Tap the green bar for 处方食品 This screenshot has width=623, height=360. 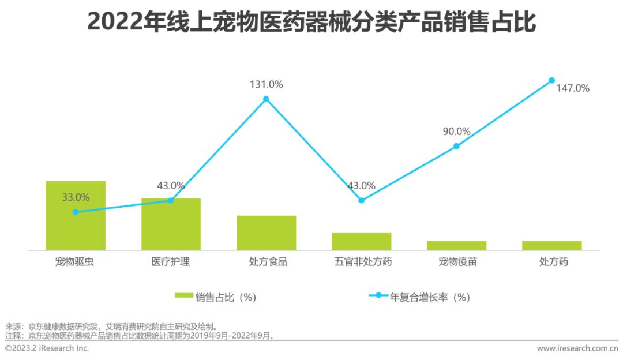(x=266, y=233)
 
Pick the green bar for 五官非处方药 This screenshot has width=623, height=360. (x=361, y=242)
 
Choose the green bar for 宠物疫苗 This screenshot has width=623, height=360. (x=456, y=246)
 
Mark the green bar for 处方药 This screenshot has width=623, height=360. (x=551, y=246)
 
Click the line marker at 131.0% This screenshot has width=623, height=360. (x=266, y=99)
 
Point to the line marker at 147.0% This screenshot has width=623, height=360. (x=551, y=80)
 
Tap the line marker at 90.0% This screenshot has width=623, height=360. (x=456, y=146)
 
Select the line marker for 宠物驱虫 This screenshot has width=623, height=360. (x=76, y=212)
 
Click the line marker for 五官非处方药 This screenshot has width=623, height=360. (x=361, y=200)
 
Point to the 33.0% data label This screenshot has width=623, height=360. (x=76, y=197)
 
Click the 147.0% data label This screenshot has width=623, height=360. (x=573, y=88)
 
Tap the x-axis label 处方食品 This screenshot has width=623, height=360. (x=266, y=262)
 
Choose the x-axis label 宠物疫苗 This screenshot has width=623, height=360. (x=456, y=262)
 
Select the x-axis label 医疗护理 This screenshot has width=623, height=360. (x=171, y=262)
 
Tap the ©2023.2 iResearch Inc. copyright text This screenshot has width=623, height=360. (x=47, y=348)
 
